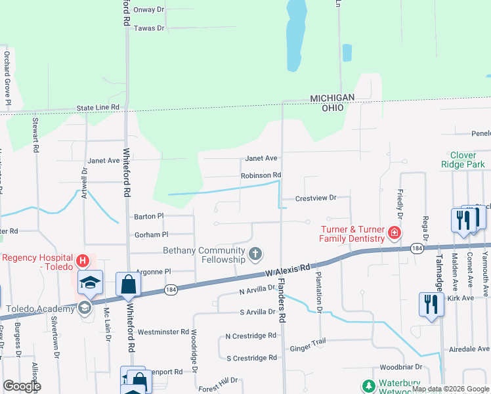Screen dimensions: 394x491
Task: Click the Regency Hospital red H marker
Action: [x=82, y=261]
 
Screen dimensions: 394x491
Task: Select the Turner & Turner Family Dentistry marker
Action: [x=394, y=232]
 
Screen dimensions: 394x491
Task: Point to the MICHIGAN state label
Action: [x=332, y=98]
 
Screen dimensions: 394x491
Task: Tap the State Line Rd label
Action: [x=98, y=107]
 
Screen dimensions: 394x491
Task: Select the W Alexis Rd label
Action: [x=287, y=269]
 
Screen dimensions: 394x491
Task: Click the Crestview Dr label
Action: [x=315, y=198]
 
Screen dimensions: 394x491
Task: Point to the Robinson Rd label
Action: [x=261, y=175]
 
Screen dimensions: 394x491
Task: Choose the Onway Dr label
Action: [x=148, y=10]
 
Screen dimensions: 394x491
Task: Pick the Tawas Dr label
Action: [x=148, y=28]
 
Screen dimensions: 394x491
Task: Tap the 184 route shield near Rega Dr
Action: [x=416, y=248]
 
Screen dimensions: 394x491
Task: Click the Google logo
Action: [x=22, y=386]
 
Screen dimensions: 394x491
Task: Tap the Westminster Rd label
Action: [x=163, y=332]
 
